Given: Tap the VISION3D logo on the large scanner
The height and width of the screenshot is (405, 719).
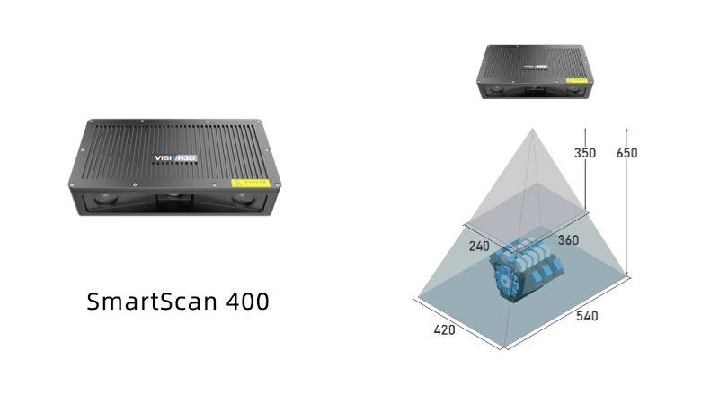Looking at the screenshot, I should coord(175,158).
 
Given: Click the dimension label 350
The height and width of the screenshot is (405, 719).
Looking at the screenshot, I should coord(584,153).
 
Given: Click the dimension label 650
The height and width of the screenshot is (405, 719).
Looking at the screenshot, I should coord(627,153).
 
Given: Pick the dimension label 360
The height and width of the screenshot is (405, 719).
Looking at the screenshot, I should coord(568,240).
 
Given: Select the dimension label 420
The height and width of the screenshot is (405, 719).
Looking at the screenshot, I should coord(444,329).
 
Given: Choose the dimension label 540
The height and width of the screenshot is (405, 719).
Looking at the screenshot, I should coord(587,316).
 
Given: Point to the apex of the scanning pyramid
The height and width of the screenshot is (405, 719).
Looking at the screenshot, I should coord(532,130).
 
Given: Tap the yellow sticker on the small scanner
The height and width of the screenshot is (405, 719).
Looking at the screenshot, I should coord(573,81).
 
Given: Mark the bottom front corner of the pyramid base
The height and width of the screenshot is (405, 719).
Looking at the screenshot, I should coord(505,348).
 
